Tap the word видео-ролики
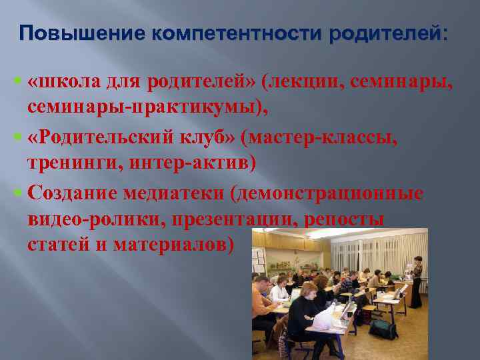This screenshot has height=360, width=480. click(x=97, y=219)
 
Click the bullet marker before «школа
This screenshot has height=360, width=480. click(x=17, y=82)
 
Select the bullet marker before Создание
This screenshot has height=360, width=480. click(x=17, y=194)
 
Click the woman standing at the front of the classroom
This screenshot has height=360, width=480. click(x=416, y=280)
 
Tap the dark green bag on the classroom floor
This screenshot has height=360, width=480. click(x=383, y=328)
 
